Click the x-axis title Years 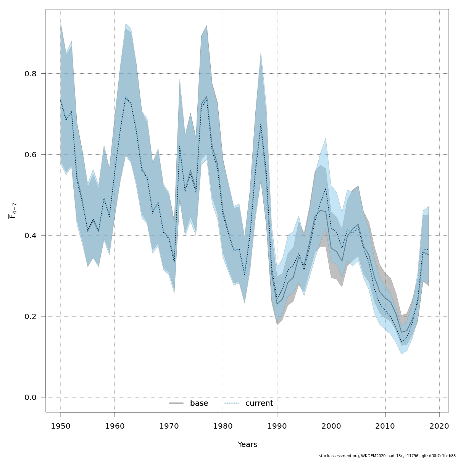pos(247,445)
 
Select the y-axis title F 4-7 pos(12,211)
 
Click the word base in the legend pos(199,403)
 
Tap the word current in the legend pos(259,403)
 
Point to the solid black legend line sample pos(176,403)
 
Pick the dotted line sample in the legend pos(232,403)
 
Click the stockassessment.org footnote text pos(387,456)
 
